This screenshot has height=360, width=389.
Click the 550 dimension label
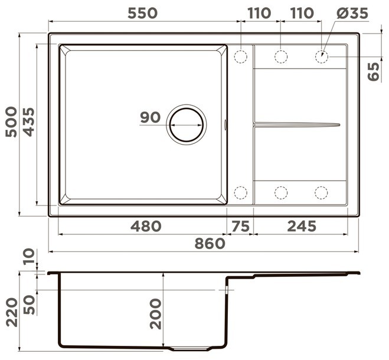(142, 13)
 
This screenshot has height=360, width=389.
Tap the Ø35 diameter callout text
(352, 13)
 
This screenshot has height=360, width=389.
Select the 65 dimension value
(374, 71)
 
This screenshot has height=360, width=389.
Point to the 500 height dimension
(11, 122)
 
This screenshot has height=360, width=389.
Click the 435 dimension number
(29, 122)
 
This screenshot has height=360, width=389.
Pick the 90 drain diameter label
(151, 117)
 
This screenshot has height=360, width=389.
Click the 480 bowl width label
(146, 226)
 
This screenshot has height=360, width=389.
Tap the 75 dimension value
(240, 226)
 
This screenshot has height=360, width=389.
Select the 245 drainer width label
(302, 226)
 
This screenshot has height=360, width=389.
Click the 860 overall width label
(210, 244)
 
